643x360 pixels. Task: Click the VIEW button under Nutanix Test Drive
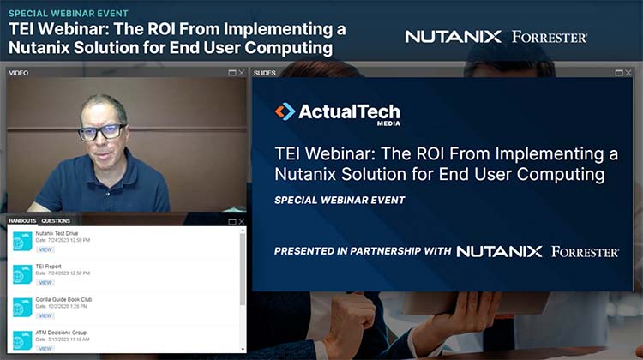click(x=45, y=249)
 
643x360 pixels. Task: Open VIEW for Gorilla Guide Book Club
click(x=45, y=315)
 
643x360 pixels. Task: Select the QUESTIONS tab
click(x=56, y=221)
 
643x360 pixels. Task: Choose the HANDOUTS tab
click(x=22, y=221)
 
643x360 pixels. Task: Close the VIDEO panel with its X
click(x=242, y=73)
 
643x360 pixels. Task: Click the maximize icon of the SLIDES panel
click(x=618, y=73)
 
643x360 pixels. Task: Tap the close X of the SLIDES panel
click(x=628, y=73)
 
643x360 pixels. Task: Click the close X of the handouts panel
click(x=242, y=221)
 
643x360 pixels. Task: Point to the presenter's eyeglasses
click(x=102, y=132)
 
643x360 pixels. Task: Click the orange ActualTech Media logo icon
click(x=285, y=111)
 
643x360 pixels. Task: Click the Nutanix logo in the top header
click(x=454, y=37)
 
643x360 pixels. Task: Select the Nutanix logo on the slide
click(x=499, y=251)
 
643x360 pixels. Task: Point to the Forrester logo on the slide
click(x=585, y=251)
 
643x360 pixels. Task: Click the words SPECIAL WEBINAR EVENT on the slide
click(x=340, y=200)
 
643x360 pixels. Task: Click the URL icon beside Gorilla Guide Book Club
click(x=21, y=307)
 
